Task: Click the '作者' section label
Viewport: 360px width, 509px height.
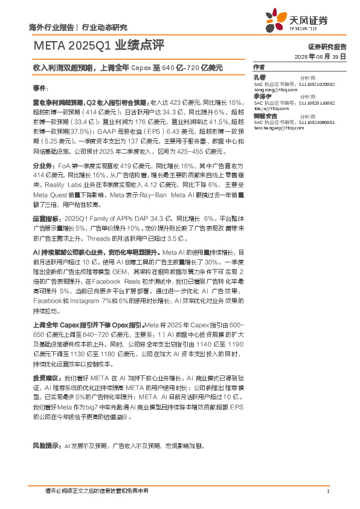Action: click(x=259, y=66)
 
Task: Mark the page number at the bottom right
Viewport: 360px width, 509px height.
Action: click(x=327, y=490)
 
